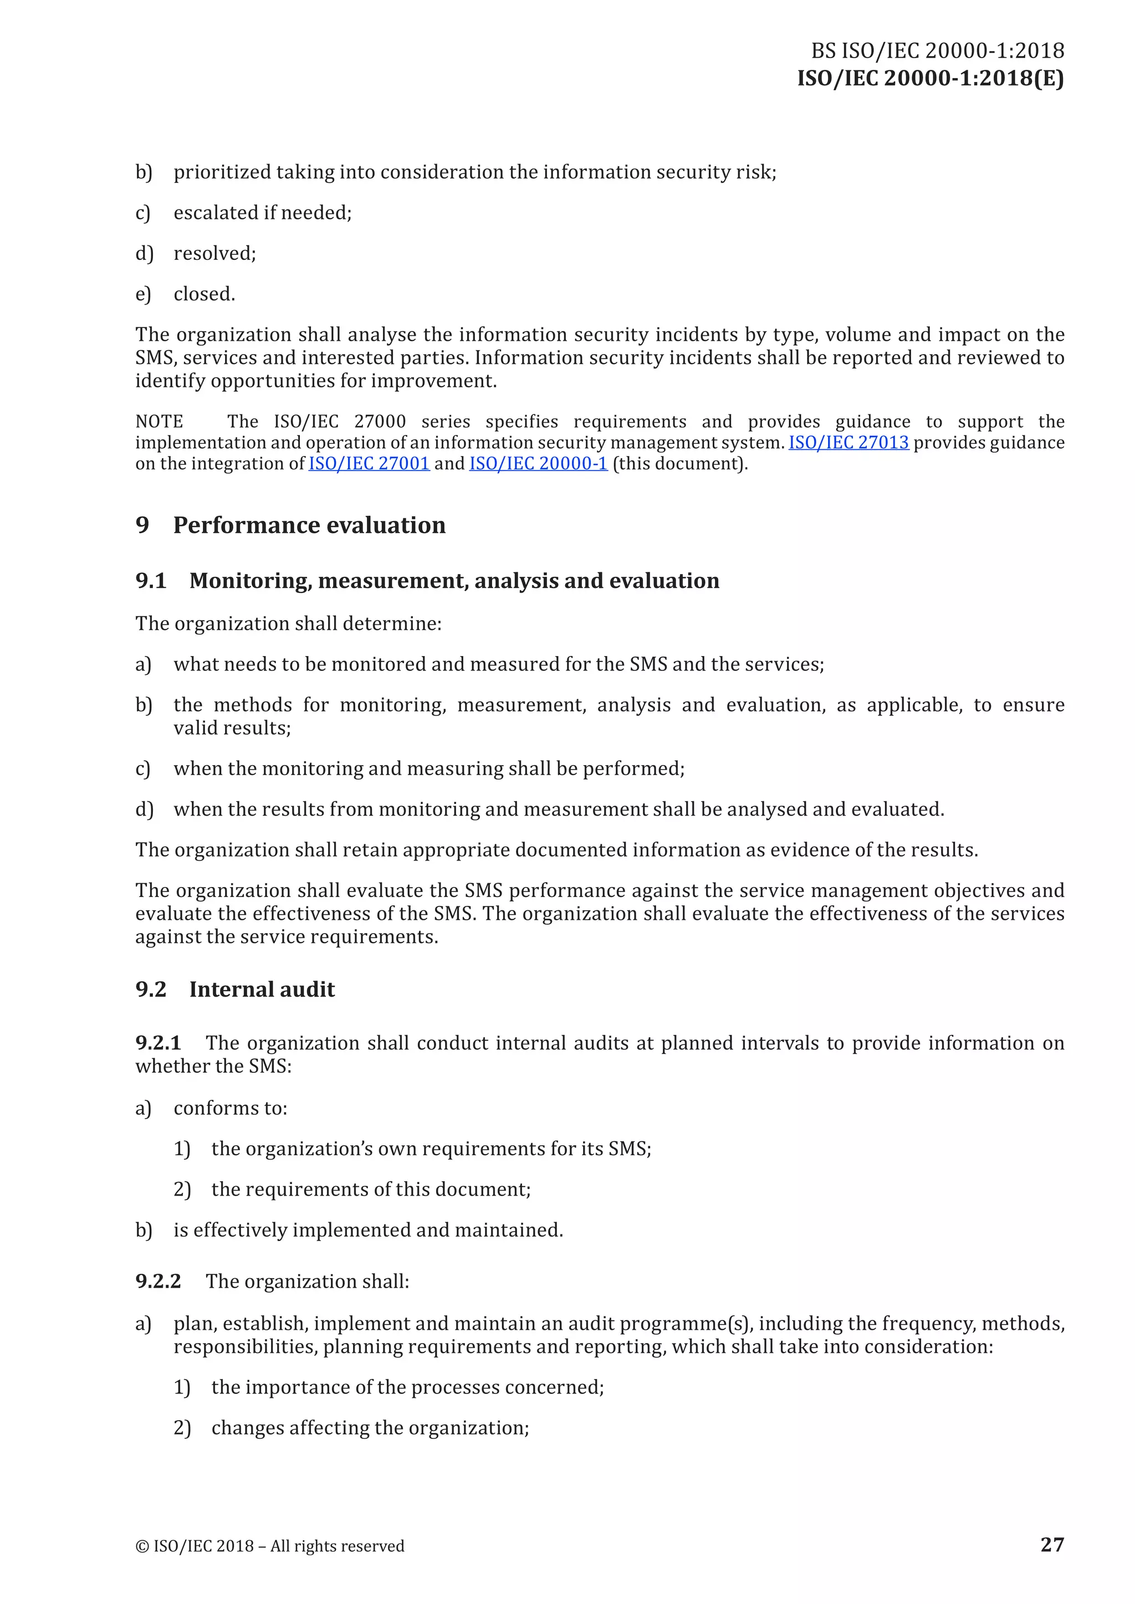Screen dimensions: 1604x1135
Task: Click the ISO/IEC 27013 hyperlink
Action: pos(848,443)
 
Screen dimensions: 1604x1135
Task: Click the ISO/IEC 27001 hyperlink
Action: pos(369,464)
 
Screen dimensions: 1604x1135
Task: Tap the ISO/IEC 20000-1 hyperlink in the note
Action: pos(538,464)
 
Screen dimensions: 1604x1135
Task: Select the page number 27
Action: pos(1052,1544)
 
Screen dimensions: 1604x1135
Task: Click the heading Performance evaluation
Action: pos(309,525)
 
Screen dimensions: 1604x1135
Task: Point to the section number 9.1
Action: pos(151,581)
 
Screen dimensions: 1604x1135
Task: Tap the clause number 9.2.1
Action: pos(158,1043)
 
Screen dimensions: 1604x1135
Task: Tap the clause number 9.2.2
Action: pos(158,1281)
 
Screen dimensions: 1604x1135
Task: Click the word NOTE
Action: pos(160,422)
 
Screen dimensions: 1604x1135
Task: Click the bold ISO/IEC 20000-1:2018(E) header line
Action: pos(931,78)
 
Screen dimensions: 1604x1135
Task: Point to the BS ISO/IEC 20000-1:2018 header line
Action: pos(937,51)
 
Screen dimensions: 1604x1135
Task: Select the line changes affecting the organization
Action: pos(370,1428)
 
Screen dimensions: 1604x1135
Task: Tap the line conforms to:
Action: pos(230,1109)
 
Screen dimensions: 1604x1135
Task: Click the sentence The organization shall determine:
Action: pos(288,624)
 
